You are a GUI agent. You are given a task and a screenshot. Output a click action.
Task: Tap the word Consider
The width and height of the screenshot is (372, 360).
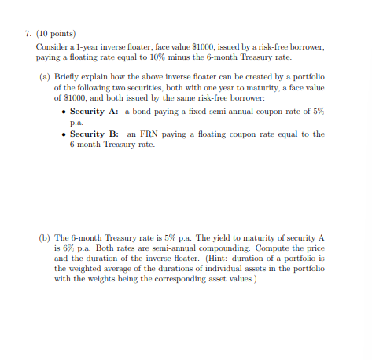point(53,48)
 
